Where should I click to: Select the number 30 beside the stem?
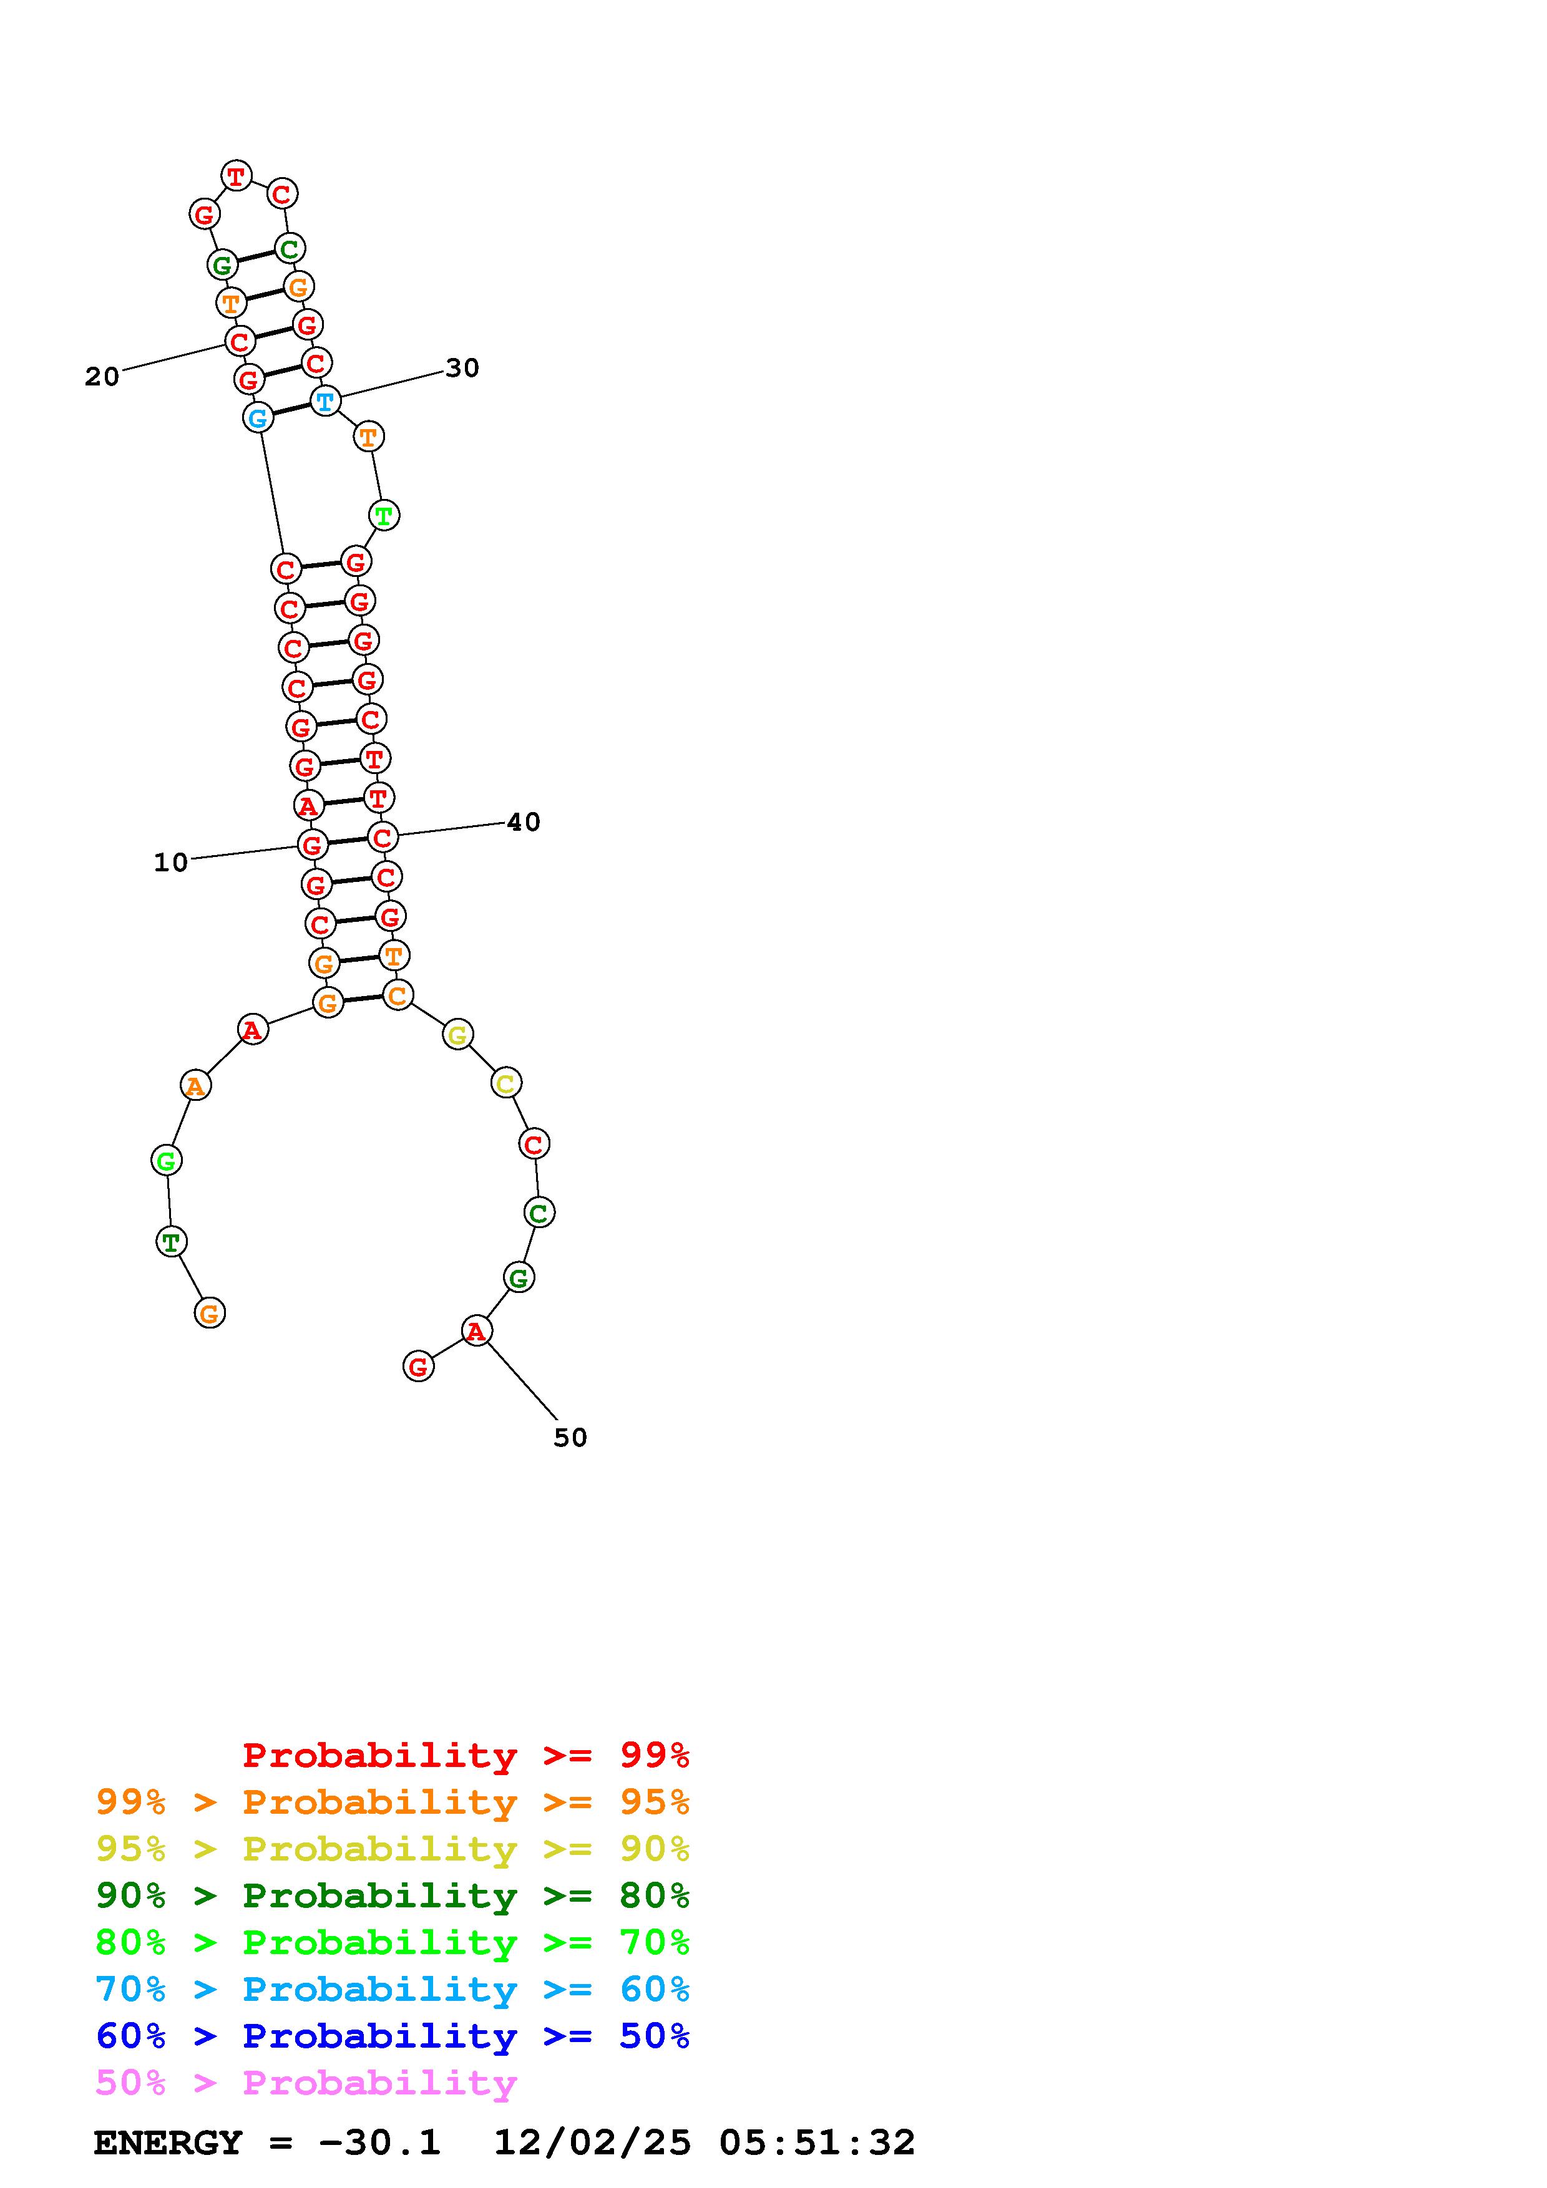462,368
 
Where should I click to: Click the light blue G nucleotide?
257,417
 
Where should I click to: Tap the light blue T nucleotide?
325,401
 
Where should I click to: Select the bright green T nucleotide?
383,516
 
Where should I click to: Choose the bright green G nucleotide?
167,1161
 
